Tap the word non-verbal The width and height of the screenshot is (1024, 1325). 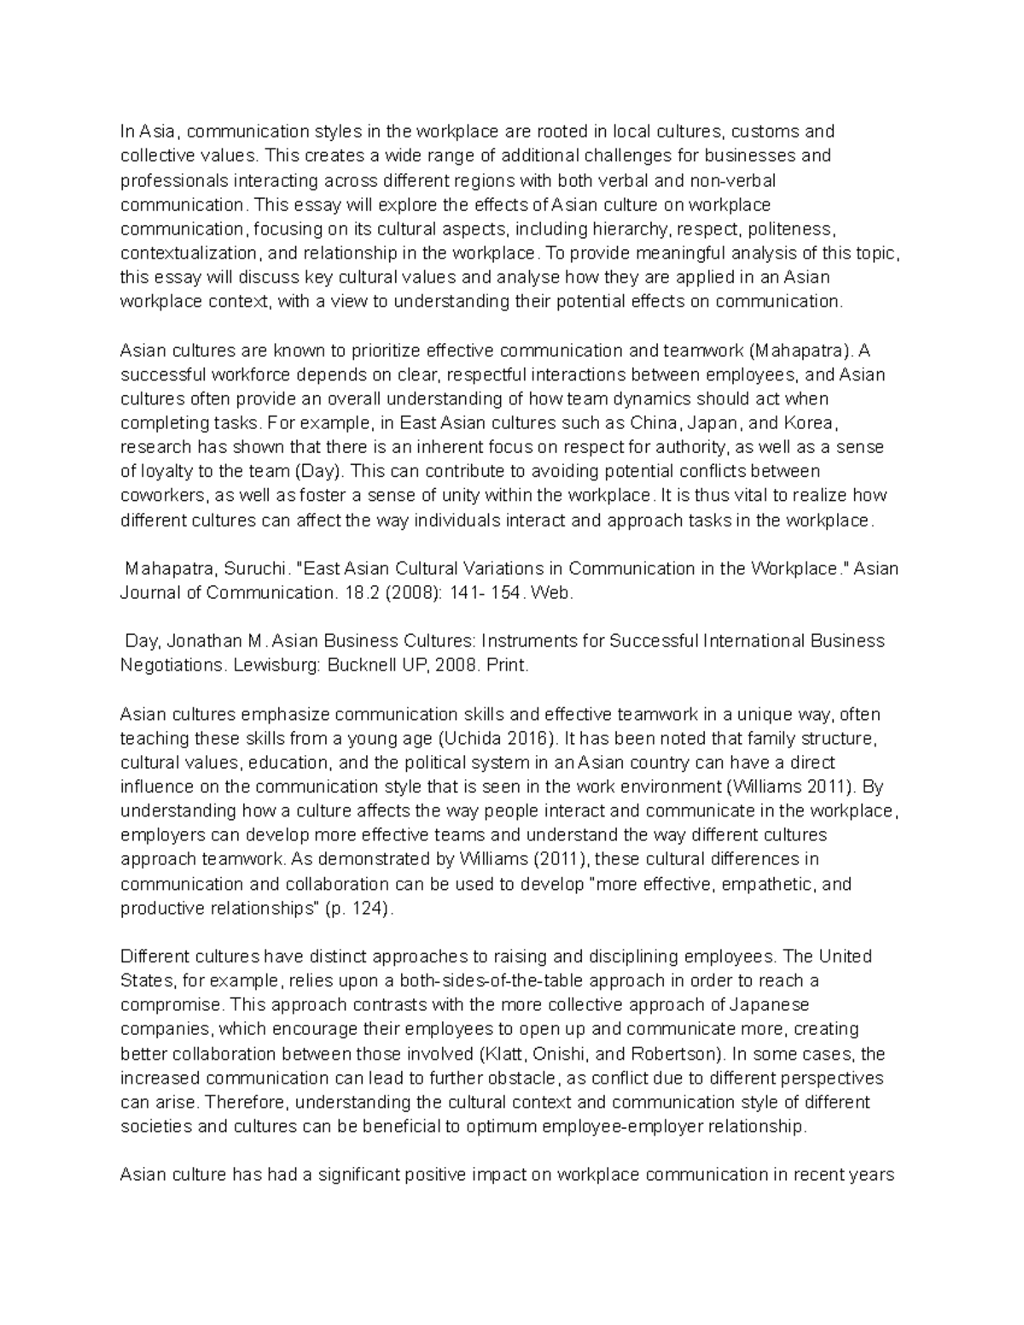point(735,180)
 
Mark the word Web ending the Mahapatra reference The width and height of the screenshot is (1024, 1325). point(547,593)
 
